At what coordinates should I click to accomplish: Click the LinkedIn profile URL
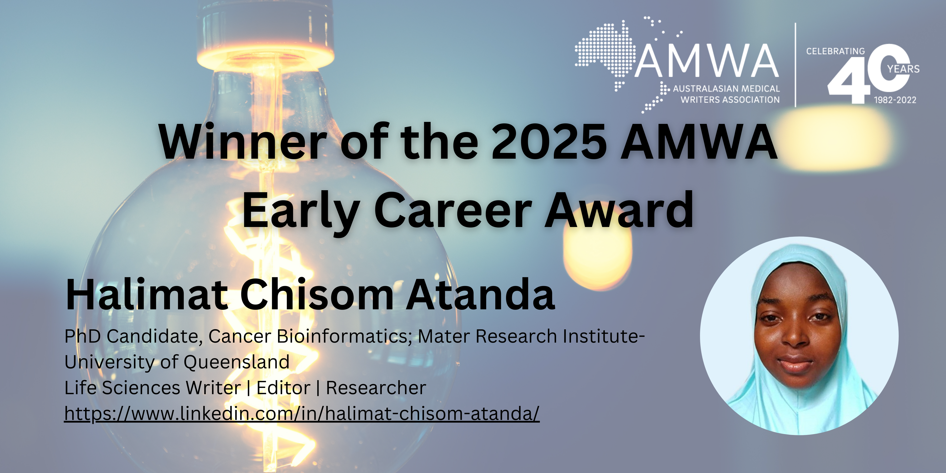click(x=302, y=413)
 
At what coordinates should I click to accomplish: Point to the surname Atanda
click(x=480, y=295)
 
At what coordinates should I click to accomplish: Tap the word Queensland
click(x=236, y=362)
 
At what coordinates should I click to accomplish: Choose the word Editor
click(x=284, y=388)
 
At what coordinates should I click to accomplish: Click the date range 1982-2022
click(x=895, y=100)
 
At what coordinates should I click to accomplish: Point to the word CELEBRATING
click(x=835, y=51)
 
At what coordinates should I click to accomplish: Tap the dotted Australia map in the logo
click(x=606, y=51)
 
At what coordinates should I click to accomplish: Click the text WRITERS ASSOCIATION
click(x=730, y=100)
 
